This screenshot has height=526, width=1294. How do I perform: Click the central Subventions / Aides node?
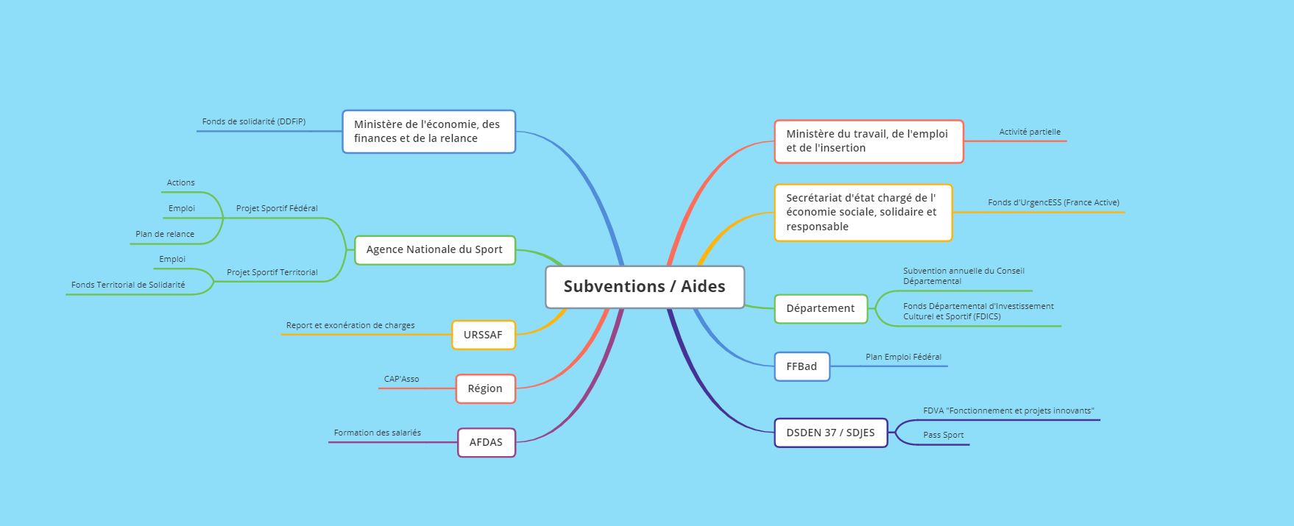645,287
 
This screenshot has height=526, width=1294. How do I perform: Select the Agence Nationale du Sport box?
434,249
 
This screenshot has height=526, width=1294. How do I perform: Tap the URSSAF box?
483,335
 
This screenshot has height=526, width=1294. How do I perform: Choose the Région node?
485,388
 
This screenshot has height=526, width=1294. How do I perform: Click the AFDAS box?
486,442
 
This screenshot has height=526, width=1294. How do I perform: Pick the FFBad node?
802,366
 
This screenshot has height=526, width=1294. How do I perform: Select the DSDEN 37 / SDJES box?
830,433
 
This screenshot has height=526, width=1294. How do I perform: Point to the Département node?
820,308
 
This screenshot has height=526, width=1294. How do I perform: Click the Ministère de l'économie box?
428,132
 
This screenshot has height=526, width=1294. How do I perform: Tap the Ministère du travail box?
868,141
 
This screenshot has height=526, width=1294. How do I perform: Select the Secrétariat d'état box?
863,213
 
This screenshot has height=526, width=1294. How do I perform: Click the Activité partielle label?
1030,132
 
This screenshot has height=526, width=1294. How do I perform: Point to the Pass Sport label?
943,435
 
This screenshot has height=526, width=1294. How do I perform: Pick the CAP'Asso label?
401,379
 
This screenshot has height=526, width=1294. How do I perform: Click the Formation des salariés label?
377,433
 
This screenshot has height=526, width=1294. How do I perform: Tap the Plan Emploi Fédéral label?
903,357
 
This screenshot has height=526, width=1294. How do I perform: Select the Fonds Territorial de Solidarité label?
128,285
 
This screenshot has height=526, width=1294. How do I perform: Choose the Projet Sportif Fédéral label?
277,208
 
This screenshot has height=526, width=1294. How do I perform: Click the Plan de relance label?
165,234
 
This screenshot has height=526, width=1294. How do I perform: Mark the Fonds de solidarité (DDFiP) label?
254,121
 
